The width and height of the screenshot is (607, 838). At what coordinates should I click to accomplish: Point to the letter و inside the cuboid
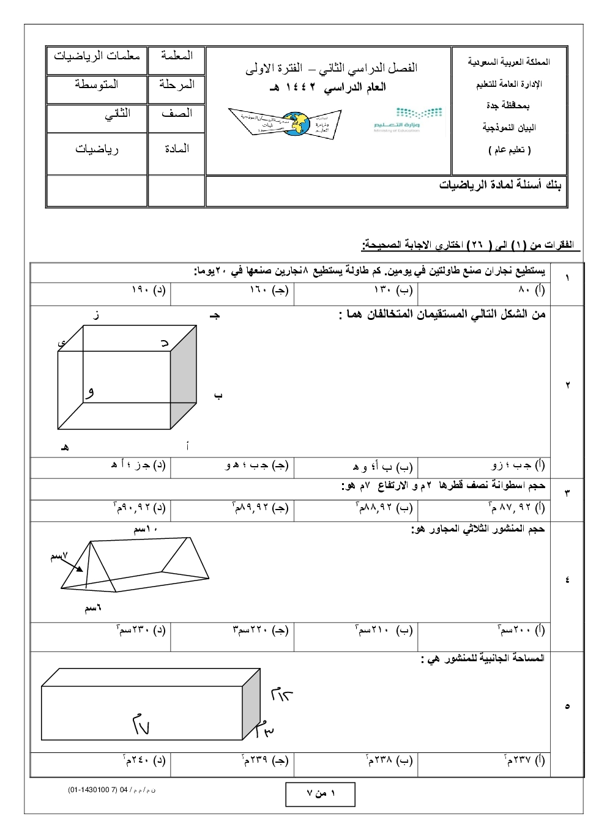pyautogui.click(x=91, y=391)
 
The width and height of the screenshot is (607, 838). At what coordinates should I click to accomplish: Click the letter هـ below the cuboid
pyautogui.click(x=64, y=447)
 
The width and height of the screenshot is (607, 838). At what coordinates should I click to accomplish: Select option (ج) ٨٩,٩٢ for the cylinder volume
pyautogui.click(x=261, y=508)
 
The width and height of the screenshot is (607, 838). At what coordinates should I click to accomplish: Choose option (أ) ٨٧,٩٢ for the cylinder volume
pyautogui.click(x=518, y=508)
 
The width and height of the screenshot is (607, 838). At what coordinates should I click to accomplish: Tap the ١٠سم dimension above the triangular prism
pyautogui.click(x=146, y=530)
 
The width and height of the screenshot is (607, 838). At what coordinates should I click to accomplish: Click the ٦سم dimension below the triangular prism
pyautogui.click(x=93, y=608)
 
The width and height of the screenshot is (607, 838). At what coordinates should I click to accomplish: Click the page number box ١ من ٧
pyautogui.click(x=320, y=794)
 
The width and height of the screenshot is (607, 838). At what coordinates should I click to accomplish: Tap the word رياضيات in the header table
pyautogui.click(x=97, y=149)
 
